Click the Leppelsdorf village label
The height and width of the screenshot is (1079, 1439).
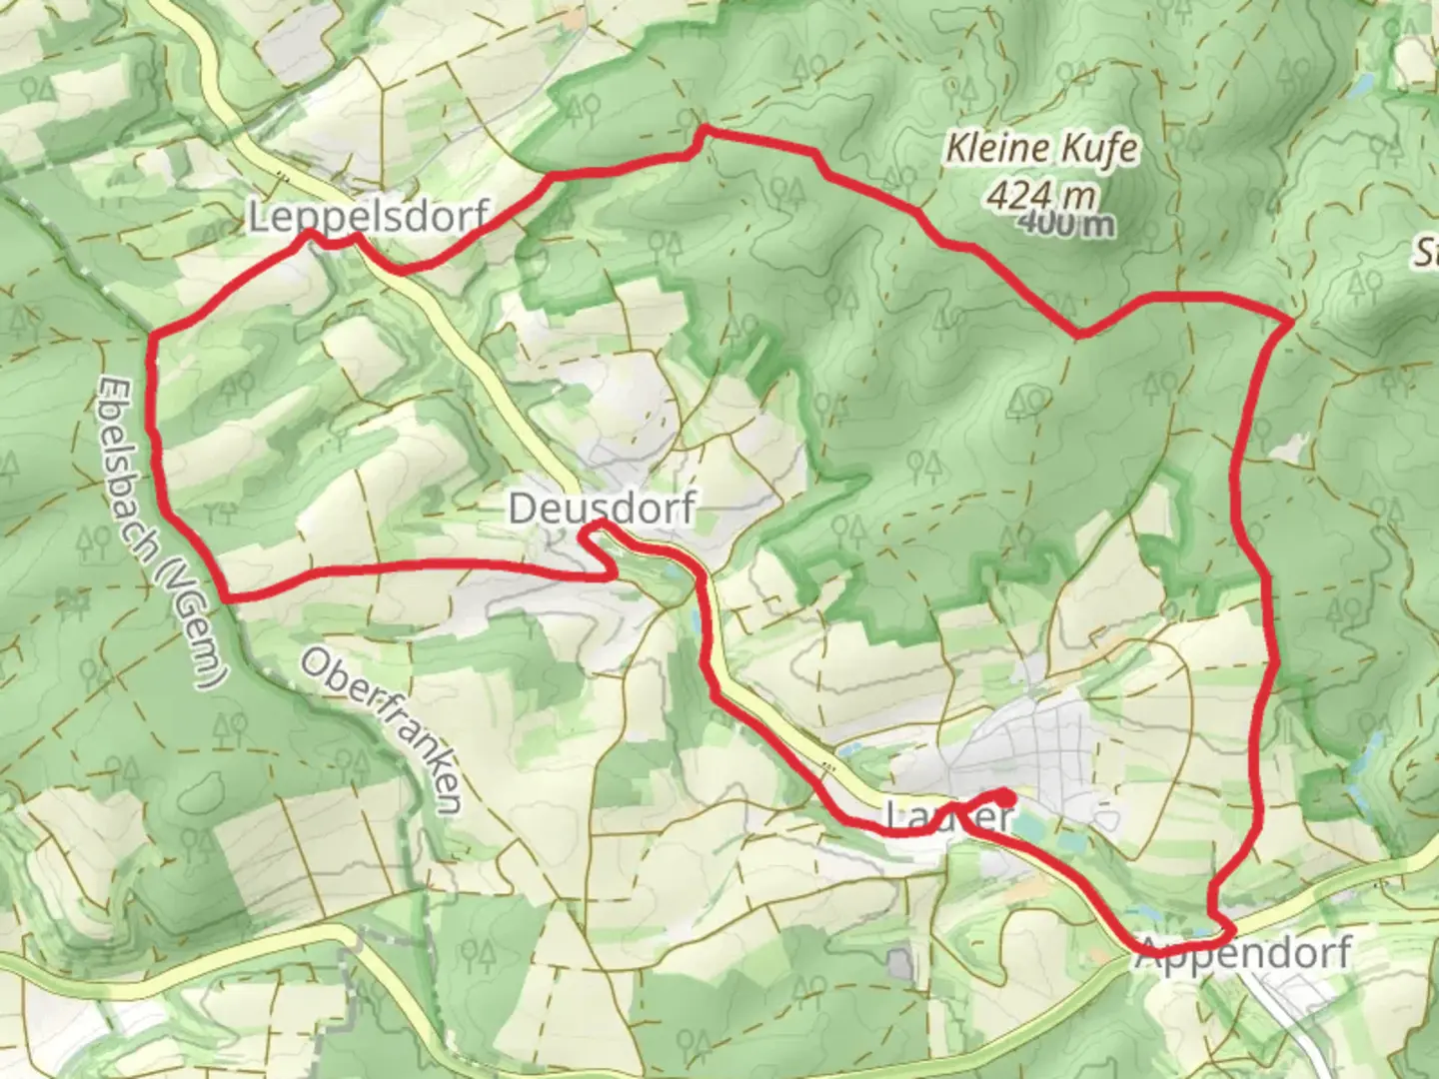point(370,216)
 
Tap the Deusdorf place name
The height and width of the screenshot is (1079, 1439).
point(602,509)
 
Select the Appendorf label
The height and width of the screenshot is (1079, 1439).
point(1244,953)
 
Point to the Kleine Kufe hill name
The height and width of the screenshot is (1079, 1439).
point(1041,150)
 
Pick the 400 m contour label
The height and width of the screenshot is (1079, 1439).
point(1066,225)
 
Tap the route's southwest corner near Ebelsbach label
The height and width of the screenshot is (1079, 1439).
point(228,596)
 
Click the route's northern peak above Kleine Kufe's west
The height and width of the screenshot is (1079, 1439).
point(705,129)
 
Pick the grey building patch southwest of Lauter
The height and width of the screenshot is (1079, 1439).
point(901,964)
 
